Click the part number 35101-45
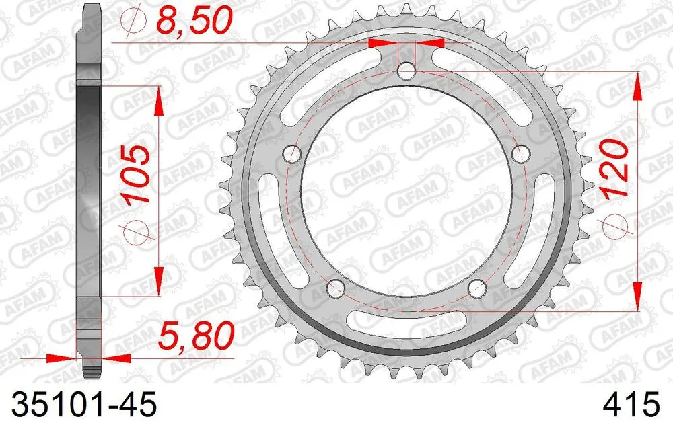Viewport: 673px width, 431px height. point(80,405)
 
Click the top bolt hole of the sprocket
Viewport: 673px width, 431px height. point(406,71)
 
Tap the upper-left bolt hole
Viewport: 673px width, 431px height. point(292,154)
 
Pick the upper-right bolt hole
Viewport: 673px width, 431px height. point(520,154)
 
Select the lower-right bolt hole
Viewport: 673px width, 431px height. point(476,288)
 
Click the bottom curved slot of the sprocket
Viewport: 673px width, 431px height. point(406,329)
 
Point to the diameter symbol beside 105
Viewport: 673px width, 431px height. point(134,230)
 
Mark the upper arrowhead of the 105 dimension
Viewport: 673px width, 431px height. point(159,97)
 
